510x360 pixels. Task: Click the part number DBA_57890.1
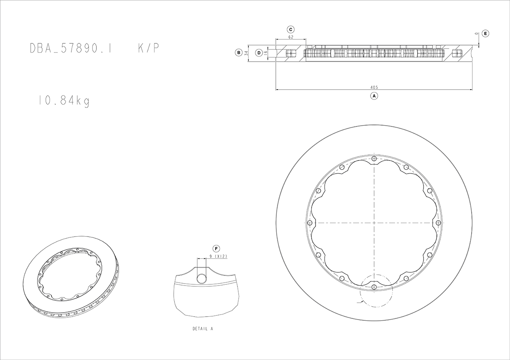(x=71, y=48)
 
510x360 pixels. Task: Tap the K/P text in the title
(x=149, y=48)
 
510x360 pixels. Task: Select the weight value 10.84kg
(x=64, y=101)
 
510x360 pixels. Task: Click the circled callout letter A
(x=374, y=96)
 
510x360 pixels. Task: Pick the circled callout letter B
(x=239, y=52)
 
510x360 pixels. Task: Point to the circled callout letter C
(x=290, y=29)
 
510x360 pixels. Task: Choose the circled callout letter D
(x=259, y=53)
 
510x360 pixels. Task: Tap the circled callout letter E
(x=485, y=33)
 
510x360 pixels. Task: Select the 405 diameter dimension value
(x=374, y=87)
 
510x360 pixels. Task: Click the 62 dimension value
(x=290, y=37)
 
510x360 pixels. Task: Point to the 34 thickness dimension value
(x=246, y=53)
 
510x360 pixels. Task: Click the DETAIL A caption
(x=203, y=329)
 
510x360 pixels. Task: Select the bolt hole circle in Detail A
(x=202, y=278)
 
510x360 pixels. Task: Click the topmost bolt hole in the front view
(x=374, y=158)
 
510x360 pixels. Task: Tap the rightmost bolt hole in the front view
(x=438, y=222)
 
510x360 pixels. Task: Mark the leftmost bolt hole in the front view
(x=310, y=222)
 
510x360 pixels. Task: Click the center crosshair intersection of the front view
(x=374, y=222)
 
